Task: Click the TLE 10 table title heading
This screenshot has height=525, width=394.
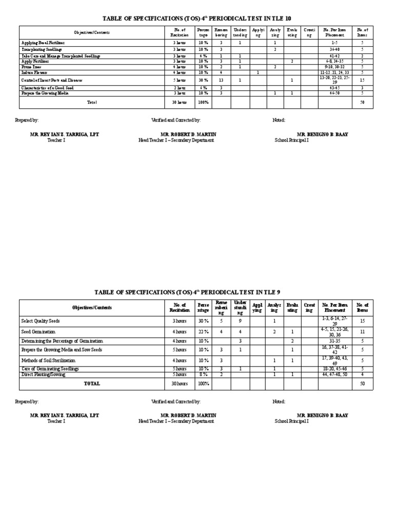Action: (197, 18)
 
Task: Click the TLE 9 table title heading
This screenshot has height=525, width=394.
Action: (197, 292)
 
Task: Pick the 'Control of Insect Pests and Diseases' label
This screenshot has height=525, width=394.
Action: (51, 80)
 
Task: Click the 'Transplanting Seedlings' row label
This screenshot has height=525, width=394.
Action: (41, 49)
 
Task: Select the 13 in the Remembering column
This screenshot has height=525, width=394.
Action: (221, 80)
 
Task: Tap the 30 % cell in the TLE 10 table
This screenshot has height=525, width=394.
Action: (203, 80)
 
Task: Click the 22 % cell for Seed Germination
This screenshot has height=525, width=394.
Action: (204, 332)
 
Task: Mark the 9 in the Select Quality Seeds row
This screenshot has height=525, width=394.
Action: (240, 320)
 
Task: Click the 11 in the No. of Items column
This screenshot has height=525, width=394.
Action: (362, 332)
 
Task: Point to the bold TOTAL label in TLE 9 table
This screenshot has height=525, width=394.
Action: (92, 383)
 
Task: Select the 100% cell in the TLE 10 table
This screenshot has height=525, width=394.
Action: (203, 102)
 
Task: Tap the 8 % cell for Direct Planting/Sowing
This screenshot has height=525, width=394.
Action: (204, 375)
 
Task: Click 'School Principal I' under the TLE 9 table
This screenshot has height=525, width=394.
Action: (291, 421)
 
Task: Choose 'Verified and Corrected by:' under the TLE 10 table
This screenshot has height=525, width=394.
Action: (175, 119)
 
